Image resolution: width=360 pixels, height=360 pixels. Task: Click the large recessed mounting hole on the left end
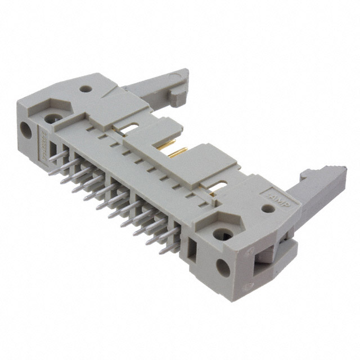click(53, 119)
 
